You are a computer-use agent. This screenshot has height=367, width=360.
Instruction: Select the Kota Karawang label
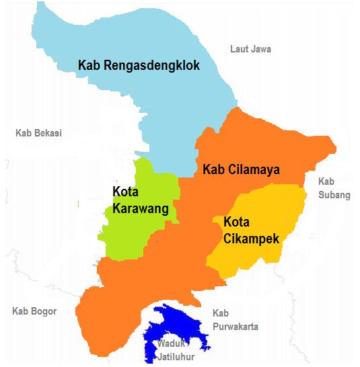coord(140,200)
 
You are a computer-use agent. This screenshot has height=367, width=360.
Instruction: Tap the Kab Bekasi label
coord(38,133)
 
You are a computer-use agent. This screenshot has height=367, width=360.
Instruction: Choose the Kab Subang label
coord(334,188)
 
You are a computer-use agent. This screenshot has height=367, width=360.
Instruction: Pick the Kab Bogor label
coord(34,311)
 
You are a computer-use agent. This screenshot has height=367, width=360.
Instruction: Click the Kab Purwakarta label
coord(235,320)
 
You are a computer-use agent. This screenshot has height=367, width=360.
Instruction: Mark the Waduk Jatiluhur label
coord(175,350)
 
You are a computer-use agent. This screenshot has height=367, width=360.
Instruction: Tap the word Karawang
coord(140,208)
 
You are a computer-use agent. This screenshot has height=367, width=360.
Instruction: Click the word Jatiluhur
coord(176,355)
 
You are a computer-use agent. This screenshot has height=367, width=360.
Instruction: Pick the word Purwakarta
coord(235,327)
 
